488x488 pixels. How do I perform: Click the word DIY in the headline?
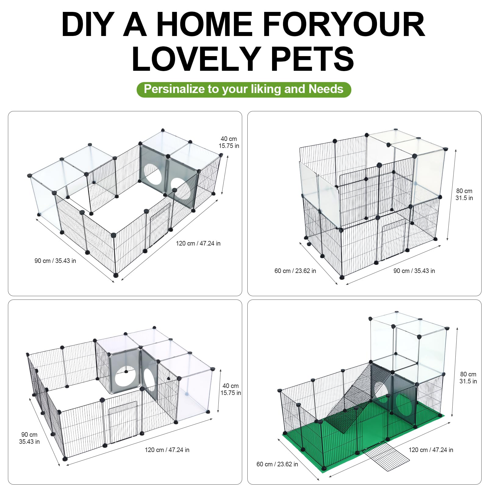coord(88,24)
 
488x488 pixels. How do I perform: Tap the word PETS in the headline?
coord(312,59)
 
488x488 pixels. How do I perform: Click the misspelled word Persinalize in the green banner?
coord(174,89)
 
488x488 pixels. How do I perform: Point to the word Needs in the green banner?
coord(326,89)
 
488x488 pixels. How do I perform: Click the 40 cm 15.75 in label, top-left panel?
coord(229,142)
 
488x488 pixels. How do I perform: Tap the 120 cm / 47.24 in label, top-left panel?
coord(198,243)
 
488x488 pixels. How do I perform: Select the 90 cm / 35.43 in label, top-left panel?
coord(55,261)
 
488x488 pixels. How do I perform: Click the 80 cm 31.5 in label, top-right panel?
coord(464,194)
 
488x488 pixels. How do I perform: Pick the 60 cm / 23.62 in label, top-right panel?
coord(295,271)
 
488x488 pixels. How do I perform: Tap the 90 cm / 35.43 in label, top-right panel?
coord(414,271)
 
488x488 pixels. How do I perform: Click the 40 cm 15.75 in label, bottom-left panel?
coord(231,389)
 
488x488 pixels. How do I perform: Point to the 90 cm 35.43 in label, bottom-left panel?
coord(29,438)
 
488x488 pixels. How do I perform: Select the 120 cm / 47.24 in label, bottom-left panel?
coord(167,450)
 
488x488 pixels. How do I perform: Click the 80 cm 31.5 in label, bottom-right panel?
coord(468,378)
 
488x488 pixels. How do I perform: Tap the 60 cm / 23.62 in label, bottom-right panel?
coord(277,464)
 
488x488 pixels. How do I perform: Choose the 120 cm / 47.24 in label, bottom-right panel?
coord(431,450)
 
